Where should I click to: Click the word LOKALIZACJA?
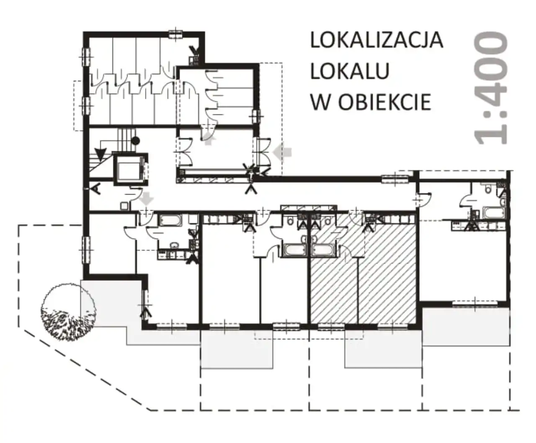point(377,41)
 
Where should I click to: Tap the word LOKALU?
point(350,71)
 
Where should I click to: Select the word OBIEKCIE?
point(384,102)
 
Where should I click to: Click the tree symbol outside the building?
point(69,312)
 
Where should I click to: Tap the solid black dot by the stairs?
point(136,141)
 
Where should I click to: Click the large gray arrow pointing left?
point(282,152)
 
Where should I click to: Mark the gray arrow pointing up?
point(209,141)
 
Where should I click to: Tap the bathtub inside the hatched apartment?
point(322,250)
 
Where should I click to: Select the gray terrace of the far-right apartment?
point(466,327)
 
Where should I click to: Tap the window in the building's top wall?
point(175,34)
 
